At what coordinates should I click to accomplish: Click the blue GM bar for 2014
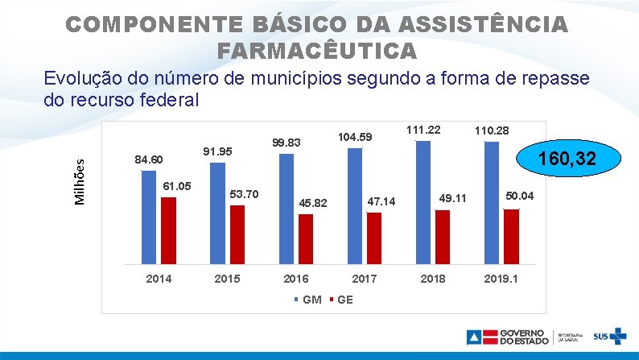point(149,217)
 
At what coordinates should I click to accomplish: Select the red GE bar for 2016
point(306,239)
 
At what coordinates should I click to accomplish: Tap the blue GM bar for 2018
point(423,203)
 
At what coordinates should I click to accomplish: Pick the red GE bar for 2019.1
point(512,237)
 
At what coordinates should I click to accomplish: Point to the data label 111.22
point(423,130)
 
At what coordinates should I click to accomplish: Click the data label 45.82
point(313,203)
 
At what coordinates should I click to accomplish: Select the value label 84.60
point(149,159)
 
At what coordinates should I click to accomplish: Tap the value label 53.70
point(244,194)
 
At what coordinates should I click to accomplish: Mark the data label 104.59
point(355,137)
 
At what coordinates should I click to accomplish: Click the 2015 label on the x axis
point(228,279)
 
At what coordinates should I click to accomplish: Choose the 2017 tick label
point(365,279)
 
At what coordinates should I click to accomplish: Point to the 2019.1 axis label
point(501,279)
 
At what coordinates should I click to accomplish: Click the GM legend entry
point(308,300)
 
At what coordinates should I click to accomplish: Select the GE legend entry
point(341,300)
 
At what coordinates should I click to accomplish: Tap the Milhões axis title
point(80,182)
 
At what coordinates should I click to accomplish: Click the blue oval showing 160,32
point(568,158)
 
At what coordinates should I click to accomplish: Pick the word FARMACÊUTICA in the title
point(317,51)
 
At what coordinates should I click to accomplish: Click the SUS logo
point(610,337)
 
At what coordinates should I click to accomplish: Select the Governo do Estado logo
point(508,337)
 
